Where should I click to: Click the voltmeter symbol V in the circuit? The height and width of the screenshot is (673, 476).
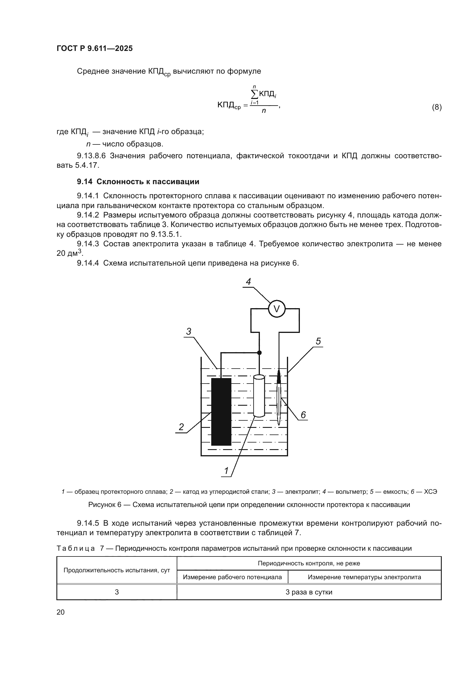pyautogui.click(x=276, y=309)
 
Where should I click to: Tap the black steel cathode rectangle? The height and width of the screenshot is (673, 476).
pyautogui.click(x=221, y=412)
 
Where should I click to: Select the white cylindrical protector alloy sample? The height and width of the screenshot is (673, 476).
pyautogui.click(x=259, y=395)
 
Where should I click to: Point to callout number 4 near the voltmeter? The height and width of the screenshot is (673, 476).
pyautogui.click(x=248, y=282)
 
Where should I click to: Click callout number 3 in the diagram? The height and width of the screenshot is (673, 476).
pyautogui.click(x=189, y=331)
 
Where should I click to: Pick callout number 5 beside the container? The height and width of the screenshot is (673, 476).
pyautogui.click(x=318, y=341)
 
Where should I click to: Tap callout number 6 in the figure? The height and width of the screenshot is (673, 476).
pyautogui.click(x=303, y=415)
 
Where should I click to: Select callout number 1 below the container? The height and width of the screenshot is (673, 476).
pyautogui.click(x=226, y=471)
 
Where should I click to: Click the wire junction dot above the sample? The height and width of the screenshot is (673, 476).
pyautogui.click(x=259, y=353)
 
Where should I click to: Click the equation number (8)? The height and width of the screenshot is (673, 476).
pyautogui.click(x=437, y=107)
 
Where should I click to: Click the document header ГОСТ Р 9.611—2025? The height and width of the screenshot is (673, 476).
pyautogui.click(x=94, y=48)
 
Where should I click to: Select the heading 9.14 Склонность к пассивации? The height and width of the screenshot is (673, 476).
pyautogui.click(x=138, y=182)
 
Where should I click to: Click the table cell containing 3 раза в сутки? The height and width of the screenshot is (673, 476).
pyautogui.click(x=309, y=592)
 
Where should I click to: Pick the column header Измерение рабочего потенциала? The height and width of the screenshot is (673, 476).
pyautogui.click(x=232, y=577)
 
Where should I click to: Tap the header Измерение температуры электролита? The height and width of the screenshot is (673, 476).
pyautogui.click(x=364, y=577)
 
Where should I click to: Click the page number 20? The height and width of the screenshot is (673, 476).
pyautogui.click(x=61, y=612)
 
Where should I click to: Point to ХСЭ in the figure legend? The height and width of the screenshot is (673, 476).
pyautogui.click(x=430, y=492)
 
